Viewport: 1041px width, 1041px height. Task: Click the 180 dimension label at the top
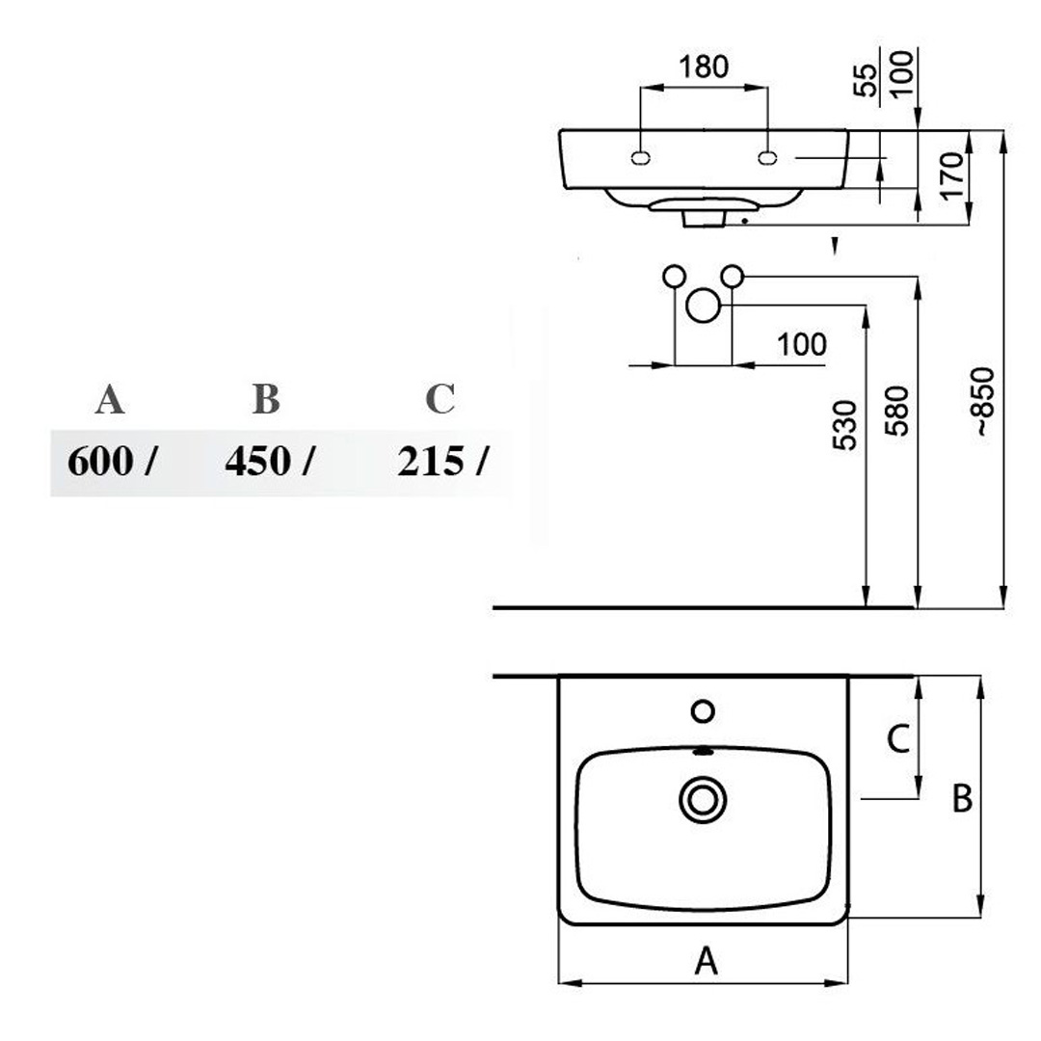click(x=703, y=67)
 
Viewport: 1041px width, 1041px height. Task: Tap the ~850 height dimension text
click(x=985, y=401)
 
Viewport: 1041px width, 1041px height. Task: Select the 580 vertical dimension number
click(x=896, y=411)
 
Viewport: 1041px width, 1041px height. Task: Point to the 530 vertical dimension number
click(x=845, y=425)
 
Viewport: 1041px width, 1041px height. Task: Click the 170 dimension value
click(x=952, y=174)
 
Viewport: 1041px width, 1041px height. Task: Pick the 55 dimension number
click(x=865, y=80)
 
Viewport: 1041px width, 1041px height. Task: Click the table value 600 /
click(x=112, y=461)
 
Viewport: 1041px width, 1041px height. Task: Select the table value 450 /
click(x=270, y=461)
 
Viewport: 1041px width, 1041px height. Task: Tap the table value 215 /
click(x=442, y=461)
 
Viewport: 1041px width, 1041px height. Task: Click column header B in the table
click(x=266, y=399)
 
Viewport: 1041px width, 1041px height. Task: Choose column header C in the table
click(x=440, y=399)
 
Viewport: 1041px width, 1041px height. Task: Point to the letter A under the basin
click(x=707, y=961)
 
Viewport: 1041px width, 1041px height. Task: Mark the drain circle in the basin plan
click(x=703, y=800)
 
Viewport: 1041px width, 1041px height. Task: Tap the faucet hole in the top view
click(x=703, y=711)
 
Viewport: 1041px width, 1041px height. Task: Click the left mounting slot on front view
click(x=640, y=158)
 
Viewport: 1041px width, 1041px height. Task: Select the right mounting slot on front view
click(x=767, y=158)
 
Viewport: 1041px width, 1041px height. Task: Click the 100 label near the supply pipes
click(x=802, y=344)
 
